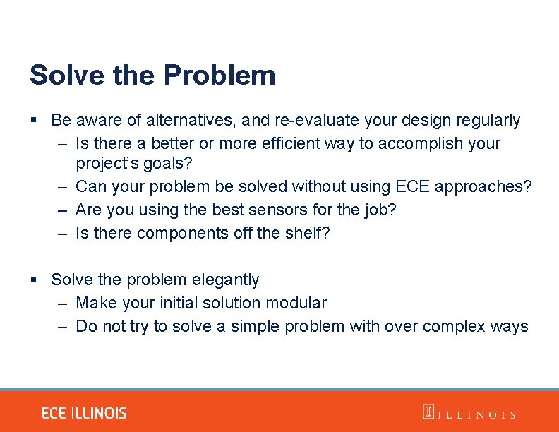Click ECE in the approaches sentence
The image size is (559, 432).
[412, 187]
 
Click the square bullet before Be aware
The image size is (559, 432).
[34, 121]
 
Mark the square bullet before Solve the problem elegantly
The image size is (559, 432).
[34, 280]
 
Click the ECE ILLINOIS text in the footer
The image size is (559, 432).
[84, 414]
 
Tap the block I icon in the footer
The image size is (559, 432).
[428, 412]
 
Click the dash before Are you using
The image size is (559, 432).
[63, 210]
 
